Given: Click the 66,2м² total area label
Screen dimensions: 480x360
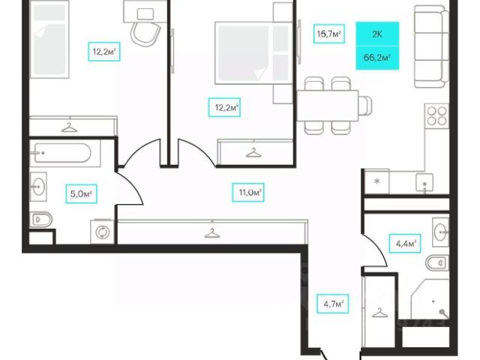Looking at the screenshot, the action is pyautogui.click(x=376, y=55).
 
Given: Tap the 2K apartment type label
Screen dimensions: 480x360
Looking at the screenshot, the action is pyautogui.click(x=376, y=33).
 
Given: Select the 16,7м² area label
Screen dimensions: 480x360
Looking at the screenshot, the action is pyautogui.click(x=328, y=33).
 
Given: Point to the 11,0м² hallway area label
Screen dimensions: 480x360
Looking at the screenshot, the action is pyautogui.click(x=249, y=192).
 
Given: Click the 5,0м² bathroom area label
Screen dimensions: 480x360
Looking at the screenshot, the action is pyautogui.click(x=80, y=193).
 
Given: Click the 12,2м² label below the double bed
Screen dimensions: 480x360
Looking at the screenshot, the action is pyautogui.click(x=223, y=108).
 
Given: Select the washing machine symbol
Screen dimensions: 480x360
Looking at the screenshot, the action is pyautogui.click(x=102, y=232).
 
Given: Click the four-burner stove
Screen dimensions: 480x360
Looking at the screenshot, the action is pyautogui.click(x=436, y=116).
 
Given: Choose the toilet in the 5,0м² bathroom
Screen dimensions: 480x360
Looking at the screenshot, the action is pyautogui.click(x=40, y=220).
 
